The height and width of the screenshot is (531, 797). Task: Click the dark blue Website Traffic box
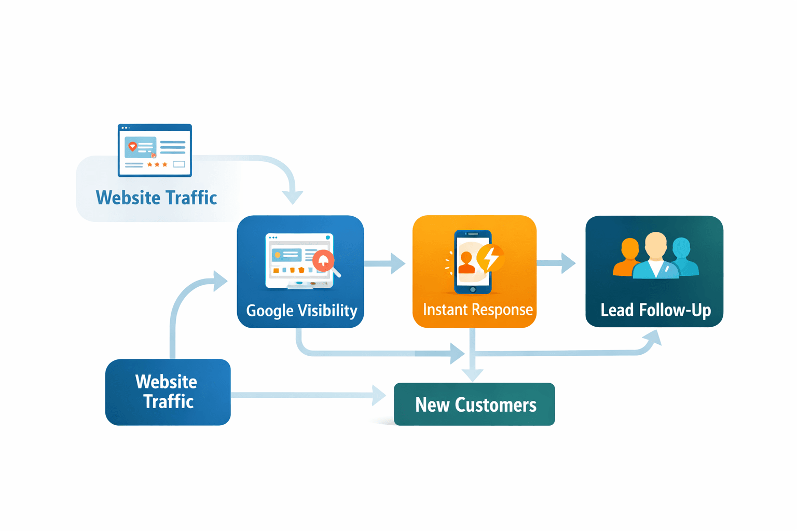coord(168,392)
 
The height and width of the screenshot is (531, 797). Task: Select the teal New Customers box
coord(474,404)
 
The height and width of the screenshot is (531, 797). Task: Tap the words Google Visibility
coord(301,311)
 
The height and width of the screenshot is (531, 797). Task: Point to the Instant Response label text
coord(477,310)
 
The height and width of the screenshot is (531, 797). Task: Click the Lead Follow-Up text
coord(655,310)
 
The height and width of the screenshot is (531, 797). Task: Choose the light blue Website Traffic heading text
coord(156,198)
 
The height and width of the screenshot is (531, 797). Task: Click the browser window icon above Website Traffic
coord(155,150)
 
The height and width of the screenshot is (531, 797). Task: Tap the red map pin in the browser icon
coord(132,147)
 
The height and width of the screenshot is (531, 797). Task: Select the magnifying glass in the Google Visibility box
coord(325,262)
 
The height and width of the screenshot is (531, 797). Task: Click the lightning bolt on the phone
coord(490,257)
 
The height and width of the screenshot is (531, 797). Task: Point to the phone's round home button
coord(473,289)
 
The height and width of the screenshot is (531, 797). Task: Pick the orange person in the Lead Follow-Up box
coord(628,257)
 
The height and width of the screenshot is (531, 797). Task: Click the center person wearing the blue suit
coord(656,257)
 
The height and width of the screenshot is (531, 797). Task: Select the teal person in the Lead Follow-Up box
coord(682,256)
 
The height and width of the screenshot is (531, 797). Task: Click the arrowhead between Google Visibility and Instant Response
coord(397,263)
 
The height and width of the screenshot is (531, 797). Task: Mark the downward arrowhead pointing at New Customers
coord(472,374)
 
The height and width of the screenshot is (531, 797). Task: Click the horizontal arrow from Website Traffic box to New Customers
coord(306,395)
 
